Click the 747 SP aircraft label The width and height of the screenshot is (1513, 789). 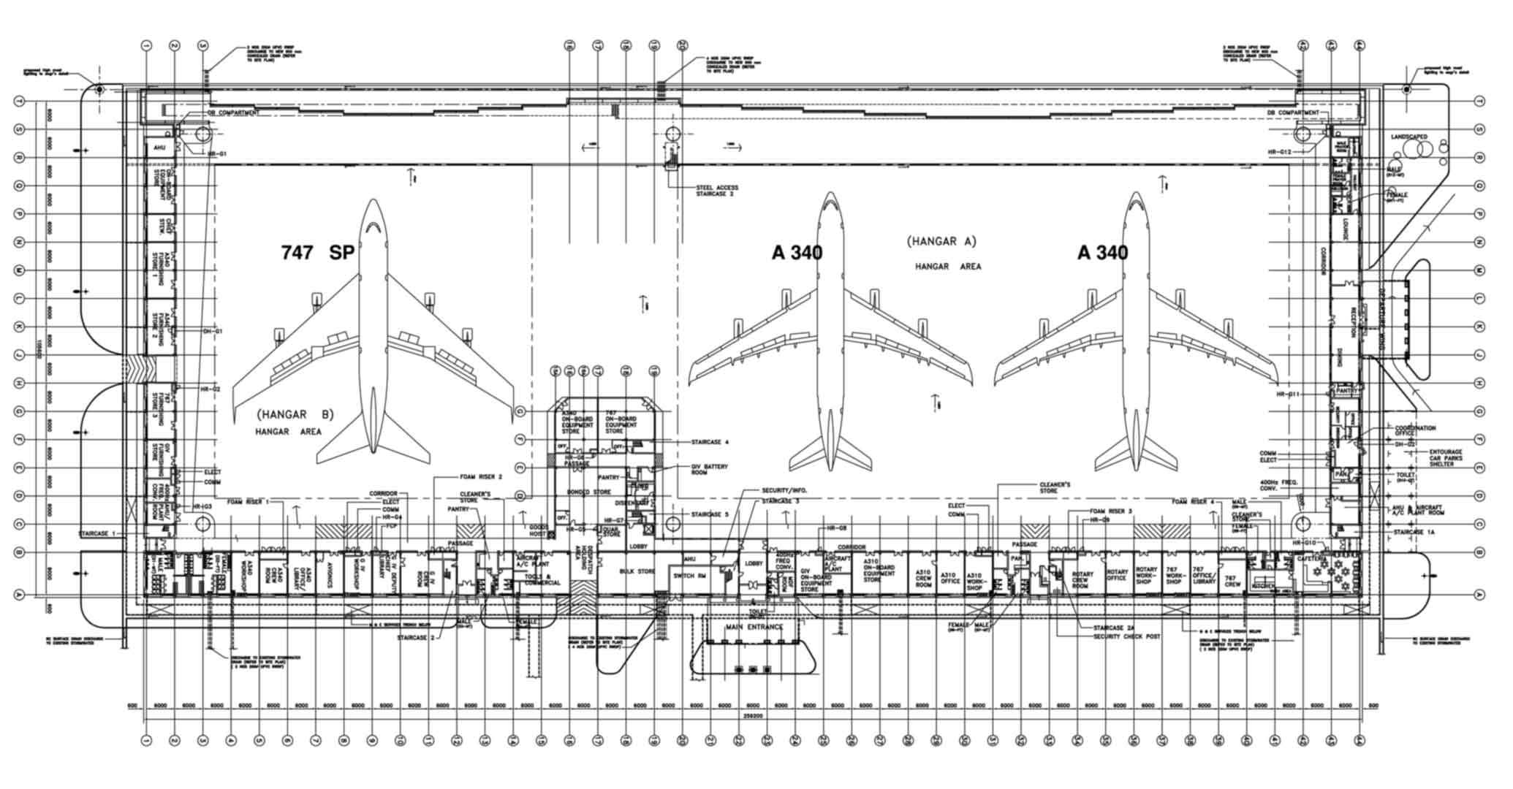pyautogui.click(x=318, y=253)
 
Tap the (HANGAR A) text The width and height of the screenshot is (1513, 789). pyautogui.click(x=941, y=241)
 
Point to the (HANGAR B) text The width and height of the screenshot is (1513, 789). pyautogui.click(x=295, y=415)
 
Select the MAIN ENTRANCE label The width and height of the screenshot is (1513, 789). pyautogui.click(x=754, y=627)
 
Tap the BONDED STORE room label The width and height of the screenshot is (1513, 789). pyautogui.click(x=588, y=492)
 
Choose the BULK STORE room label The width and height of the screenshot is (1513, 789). pyautogui.click(x=637, y=571)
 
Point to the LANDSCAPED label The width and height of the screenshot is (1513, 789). pyautogui.click(x=1408, y=137)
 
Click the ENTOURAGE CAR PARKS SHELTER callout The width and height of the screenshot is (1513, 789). pyautogui.click(x=1446, y=458)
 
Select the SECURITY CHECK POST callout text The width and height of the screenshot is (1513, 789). pyautogui.click(x=1126, y=637)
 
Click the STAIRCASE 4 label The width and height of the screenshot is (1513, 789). pyautogui.click(x=710, y=443)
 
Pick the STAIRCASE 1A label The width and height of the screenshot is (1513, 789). pyautogui.click(x=1414, y=533)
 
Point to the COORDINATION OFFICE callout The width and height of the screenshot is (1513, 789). pyautogui.click(x=1415, y=430)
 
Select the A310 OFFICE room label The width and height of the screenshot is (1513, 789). pyautogui.click(x=949, y=579)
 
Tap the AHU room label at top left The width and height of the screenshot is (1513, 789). pyautogui.click(x=159, y=148)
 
